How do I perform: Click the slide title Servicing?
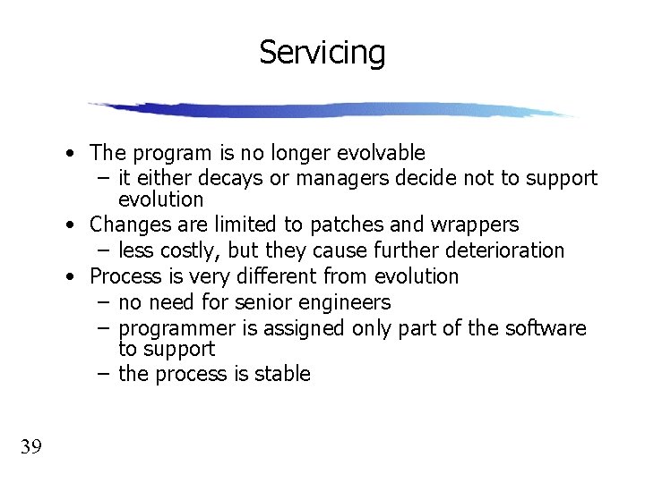tap(322, 53)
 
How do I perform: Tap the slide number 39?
tap(30, 446)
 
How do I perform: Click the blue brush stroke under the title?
tap(331, 110)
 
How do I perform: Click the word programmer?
tap(171, 328)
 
